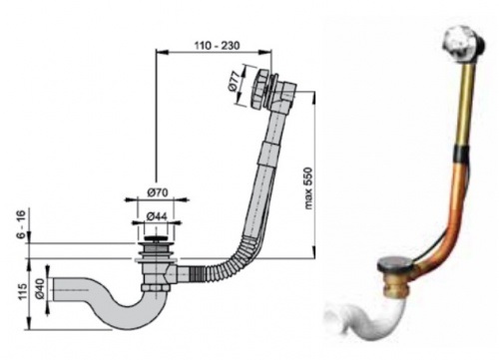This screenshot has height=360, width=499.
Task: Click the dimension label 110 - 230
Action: click(217, 46)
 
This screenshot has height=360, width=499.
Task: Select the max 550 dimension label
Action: click(308, 188)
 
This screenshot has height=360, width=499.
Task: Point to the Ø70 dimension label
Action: click(158, 192)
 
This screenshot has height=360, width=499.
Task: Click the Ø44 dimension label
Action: click(157, 216)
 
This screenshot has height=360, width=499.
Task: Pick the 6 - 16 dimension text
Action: click(21, 224)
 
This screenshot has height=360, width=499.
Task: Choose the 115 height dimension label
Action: click(22, 291)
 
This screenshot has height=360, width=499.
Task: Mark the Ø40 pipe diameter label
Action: click(39, 289)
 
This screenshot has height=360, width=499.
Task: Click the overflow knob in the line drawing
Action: click(261, 88)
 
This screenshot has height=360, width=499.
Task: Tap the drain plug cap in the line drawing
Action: click(156, 238)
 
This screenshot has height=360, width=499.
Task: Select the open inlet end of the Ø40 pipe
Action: click(53, 289)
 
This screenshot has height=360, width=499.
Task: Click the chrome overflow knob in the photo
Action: click(455, 44)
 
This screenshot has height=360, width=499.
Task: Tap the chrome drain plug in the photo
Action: click(395, 264)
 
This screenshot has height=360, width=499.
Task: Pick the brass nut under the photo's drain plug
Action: click(395, 283)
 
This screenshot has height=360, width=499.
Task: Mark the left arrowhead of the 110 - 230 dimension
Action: click(161, 52)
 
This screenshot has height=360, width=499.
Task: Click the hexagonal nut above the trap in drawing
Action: click(154, 287)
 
